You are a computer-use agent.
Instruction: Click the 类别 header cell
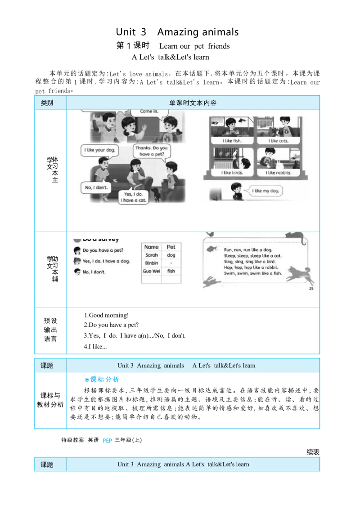[47, 103]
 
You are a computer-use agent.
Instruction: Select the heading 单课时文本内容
[193, 103]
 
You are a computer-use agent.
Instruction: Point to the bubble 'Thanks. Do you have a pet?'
[151, 151]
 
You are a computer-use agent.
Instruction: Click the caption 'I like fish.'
[232, 141]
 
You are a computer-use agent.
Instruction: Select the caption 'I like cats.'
[278, 141]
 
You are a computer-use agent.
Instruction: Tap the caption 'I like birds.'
[232, 173]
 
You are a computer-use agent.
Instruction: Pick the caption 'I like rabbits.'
[278, 173]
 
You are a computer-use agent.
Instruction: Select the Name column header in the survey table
[152, 247]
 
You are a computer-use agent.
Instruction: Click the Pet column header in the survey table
[171, 247]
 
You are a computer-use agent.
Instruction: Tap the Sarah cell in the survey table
[152, 255]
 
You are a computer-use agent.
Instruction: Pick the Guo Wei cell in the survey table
[152, 271]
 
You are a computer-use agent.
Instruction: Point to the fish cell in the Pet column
[171, 271]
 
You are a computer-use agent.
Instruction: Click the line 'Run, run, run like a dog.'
[248, 250]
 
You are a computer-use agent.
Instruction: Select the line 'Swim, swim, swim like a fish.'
[252, 273]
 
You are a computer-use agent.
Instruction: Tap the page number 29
[311, 289]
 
